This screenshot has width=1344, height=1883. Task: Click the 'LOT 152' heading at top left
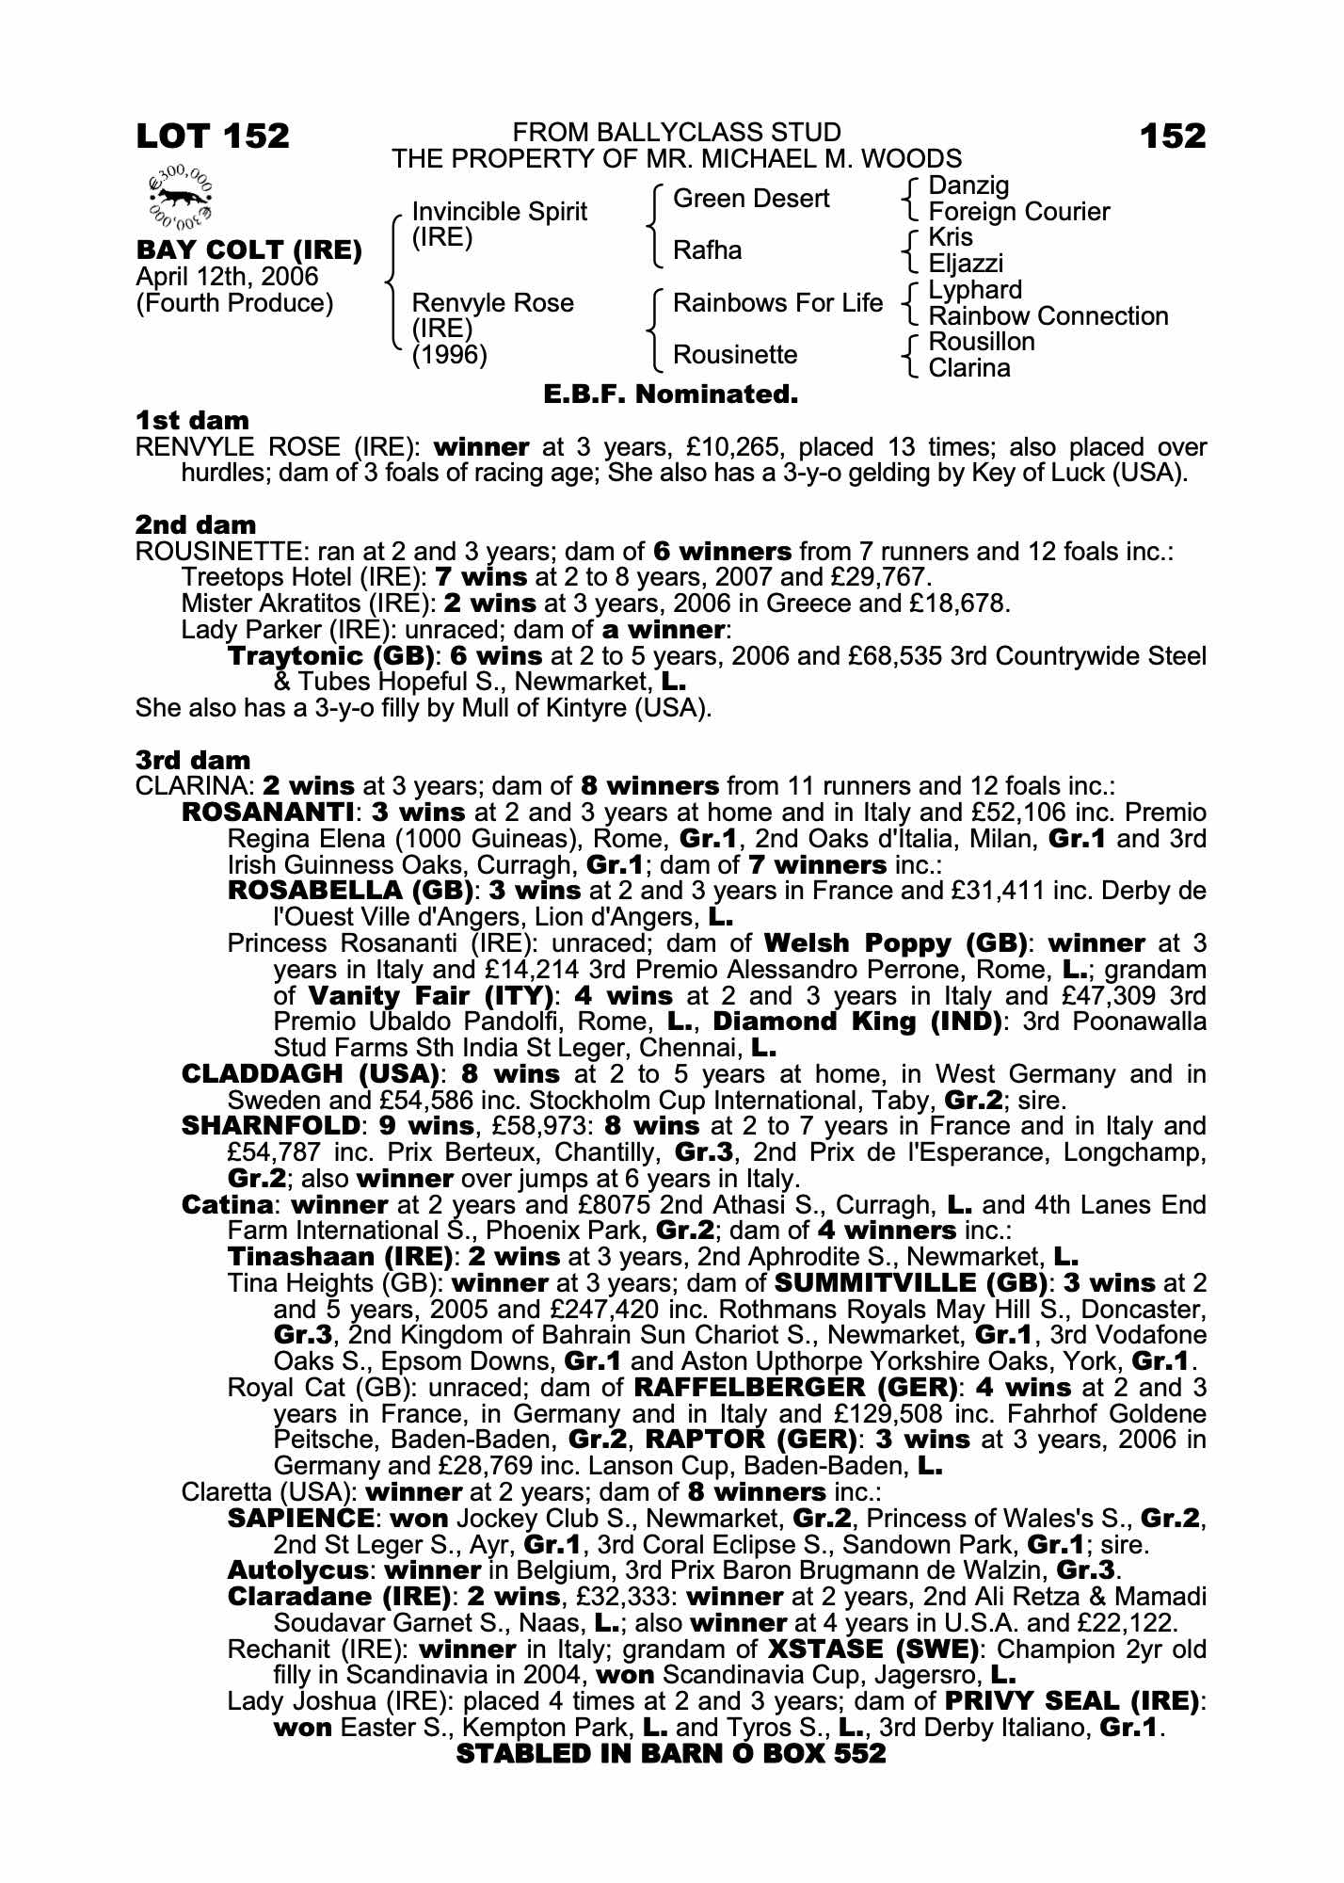(213, 136)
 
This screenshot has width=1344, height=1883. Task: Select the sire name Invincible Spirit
(499, 211)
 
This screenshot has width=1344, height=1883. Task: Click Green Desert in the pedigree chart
(751, 199)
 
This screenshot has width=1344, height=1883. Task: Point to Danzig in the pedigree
(968, 185)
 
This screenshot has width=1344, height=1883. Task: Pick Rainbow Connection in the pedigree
(1048, 316)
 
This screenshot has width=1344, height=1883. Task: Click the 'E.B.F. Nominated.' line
(671, 394)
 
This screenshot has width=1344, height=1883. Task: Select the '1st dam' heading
(193, 421)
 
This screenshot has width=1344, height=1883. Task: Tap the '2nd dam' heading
(196, 525)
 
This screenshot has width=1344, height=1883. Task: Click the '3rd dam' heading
(193, 760)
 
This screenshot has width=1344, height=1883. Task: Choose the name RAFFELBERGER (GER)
(795, 1387)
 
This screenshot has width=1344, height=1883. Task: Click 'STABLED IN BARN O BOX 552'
(671, 1753)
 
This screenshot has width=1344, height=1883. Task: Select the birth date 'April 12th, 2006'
(228, 277)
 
